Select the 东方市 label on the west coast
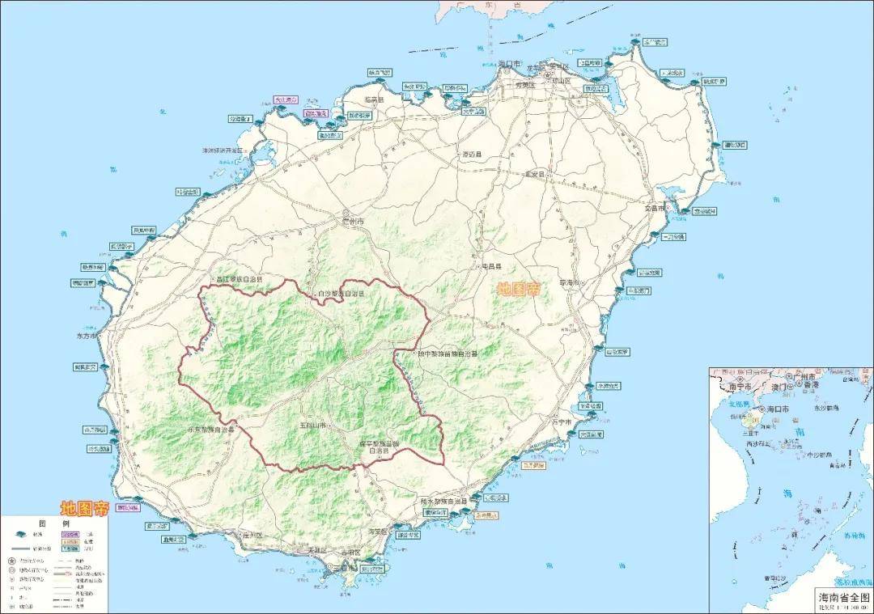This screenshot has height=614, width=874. (86, 336)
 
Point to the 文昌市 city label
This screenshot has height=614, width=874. (654, 209)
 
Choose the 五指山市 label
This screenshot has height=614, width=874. (311, 426)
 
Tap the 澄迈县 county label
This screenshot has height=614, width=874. (471, 154)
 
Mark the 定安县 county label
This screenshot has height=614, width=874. (537, 174)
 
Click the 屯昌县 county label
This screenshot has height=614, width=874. (492, 266)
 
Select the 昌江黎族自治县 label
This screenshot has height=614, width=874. (240, 279)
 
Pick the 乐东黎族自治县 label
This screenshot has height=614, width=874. (210, 430)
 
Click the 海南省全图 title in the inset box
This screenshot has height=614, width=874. (842, 595)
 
